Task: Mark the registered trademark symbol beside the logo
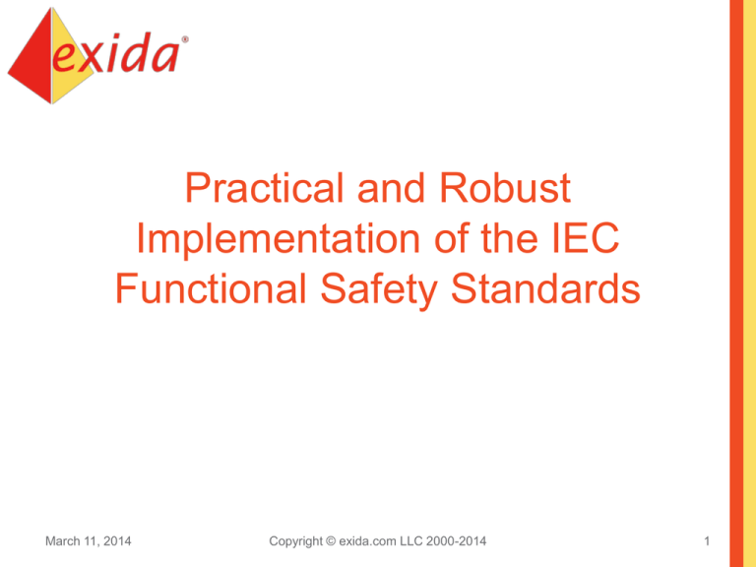pyautogui.click(x=186, y=40)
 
